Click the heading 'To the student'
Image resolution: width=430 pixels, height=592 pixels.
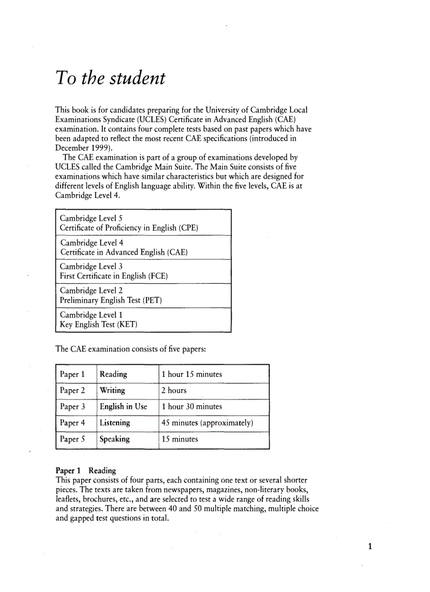110,79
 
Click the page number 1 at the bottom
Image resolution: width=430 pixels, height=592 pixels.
370,546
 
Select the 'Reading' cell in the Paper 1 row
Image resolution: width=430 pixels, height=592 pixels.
113,374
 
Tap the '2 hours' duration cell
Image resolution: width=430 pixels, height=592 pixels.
174,391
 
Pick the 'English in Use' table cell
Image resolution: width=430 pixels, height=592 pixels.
123,406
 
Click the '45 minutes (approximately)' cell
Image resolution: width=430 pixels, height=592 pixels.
208,423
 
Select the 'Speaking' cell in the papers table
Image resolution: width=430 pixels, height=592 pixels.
114,439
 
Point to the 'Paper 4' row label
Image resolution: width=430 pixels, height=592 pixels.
73,423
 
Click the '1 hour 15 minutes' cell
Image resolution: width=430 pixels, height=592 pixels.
192,374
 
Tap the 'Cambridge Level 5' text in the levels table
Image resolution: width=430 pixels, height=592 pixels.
91,218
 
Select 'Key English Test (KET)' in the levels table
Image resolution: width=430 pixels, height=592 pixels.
99,324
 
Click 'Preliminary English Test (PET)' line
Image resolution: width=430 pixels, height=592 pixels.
111,300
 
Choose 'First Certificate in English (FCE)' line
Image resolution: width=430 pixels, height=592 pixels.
114,276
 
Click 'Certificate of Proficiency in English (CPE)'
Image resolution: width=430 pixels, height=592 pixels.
129,228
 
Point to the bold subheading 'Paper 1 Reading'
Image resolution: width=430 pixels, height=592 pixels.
86,470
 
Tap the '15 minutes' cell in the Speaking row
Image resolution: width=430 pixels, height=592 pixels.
180,439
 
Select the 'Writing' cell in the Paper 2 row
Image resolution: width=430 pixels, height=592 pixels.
112,391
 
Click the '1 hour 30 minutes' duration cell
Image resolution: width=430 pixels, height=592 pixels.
192,406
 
